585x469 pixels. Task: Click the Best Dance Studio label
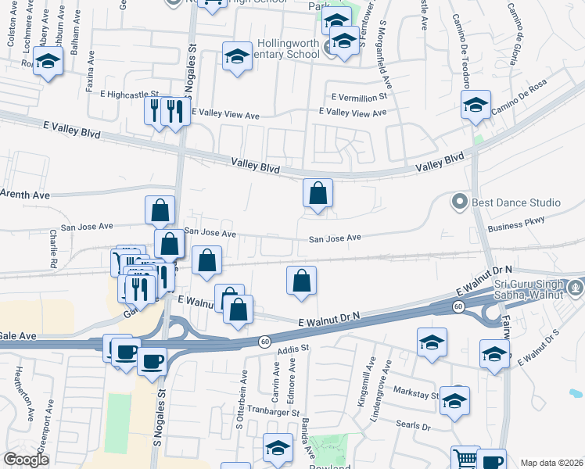tap(515, 202)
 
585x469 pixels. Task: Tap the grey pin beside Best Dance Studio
tap(460, 202)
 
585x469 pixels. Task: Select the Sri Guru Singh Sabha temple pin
tap(576, 287)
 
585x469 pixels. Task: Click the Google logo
tap(26, 460)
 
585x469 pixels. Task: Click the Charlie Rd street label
tap(53, 249)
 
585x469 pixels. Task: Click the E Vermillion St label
tap(359, 98)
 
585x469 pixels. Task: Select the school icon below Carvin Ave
tap(277, 447)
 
